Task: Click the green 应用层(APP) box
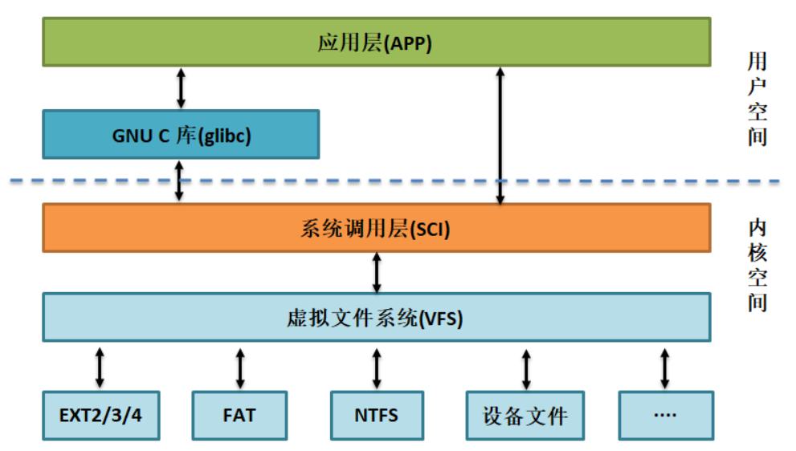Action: [376, 42]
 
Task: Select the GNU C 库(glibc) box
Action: [181, 135]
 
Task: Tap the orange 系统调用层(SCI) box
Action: [376, 228]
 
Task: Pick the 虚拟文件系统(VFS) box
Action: [376, 317]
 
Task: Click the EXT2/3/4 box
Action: [101, 415]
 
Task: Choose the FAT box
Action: [239, 415]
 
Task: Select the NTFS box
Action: [377, 415]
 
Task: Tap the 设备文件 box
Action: [525, 415]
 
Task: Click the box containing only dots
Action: [666, 415]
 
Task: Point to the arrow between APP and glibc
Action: [181, 88]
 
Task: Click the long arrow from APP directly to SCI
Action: [500, 136]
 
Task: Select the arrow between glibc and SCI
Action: [179, 181]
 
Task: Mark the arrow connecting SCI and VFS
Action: [377, 273]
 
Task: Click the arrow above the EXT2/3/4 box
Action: [100, 368]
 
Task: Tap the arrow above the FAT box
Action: [240, 368]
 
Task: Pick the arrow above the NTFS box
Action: [377, 368]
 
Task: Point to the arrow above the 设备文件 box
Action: [526, 369]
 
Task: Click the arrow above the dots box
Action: [664, 368]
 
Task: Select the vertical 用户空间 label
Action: [757, 99]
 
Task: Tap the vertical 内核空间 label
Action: [757, 265]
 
